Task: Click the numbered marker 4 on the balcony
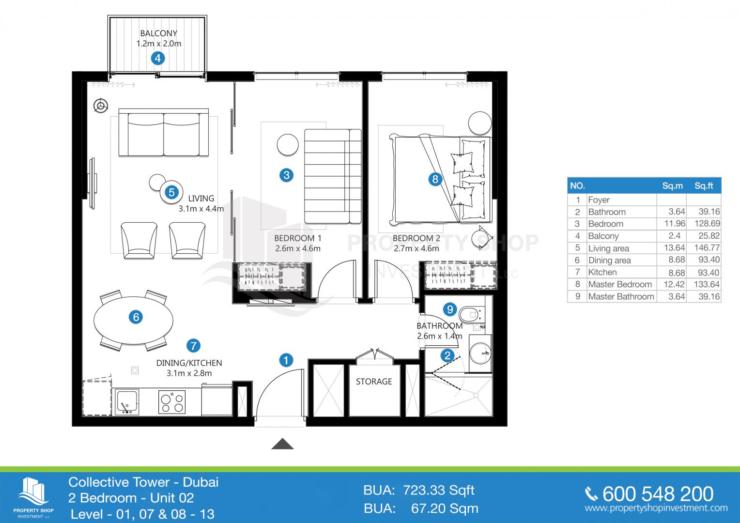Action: pos(158,59)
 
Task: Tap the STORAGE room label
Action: pos(374,382)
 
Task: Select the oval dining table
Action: pos(134,321)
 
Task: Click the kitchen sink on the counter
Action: pos(127,401)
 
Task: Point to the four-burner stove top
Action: pos(172,402)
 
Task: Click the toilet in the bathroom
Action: pos(471,314)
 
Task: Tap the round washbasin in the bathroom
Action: pos(480,354)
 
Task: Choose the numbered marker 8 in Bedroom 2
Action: pos(435,179)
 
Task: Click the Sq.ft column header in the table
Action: pos(704,185)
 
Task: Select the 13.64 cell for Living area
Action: pos(675,248)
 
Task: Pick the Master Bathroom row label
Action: pos(621,296)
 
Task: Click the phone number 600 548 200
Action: pos(658,494)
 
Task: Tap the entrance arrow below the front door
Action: pos(282,444)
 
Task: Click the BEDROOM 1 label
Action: pos(298,238)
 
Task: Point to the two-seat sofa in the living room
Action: pos(164,132)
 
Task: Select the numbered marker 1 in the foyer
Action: pos(286,360)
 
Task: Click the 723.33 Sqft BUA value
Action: pos(438,491)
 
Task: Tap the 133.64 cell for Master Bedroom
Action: pos(707,284)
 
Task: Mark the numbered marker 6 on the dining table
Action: pos(136,317)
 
